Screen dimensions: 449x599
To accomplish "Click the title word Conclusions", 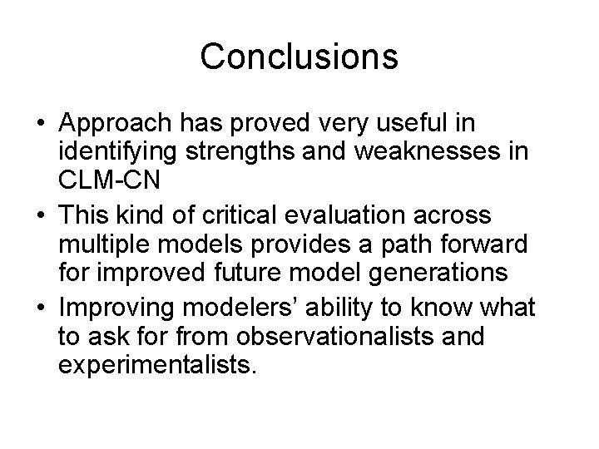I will pyautogui.click(x=299, y=57).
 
